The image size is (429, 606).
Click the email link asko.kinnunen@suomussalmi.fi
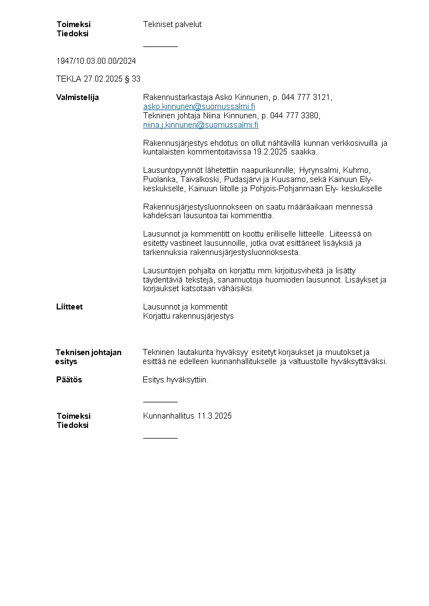pyautogui.click(x=199, y=106)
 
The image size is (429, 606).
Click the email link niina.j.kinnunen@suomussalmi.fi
pyautogui.click(x=200, y=125)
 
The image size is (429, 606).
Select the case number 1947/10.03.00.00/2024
pyautogui.click(x=96, y=60)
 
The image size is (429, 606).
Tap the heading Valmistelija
pyautogui.click(x=77, y=97)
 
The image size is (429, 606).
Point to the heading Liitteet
pyautogui.click(x=69, y=307)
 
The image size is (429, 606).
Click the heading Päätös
pyautogui.click(x=69, y=380)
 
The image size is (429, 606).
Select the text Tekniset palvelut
pyautogui.click(x=172, y=24)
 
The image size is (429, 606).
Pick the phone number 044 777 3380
pyautogui.click(x=294, y=116)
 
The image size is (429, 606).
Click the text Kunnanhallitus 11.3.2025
pyautogui.click(x=187, y=416)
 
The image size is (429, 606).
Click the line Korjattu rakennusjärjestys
pyautogui.click(x=188, y=316)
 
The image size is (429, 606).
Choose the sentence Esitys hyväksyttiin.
pyautogui.click(x=176, y=380)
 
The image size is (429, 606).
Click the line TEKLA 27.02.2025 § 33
pyautogui.click(x=98, y=79)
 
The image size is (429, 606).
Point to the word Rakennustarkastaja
pyautogui.click(x=178, y=97)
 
